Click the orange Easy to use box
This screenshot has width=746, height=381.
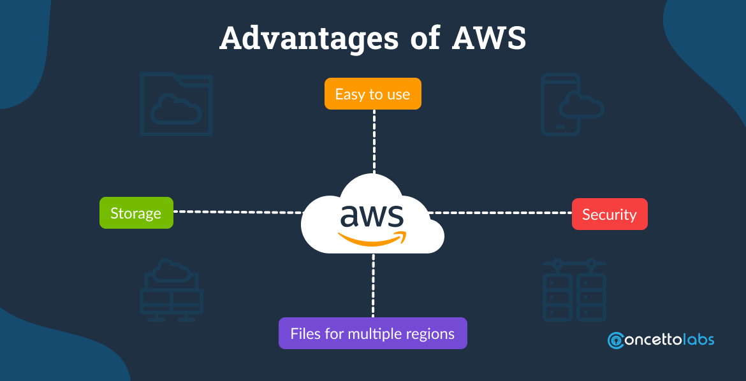click(x=372, y=94)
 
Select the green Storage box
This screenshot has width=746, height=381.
click(x=136, y=213)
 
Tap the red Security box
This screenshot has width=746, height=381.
click(x=609, y=214)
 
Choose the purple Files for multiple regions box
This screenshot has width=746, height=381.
click(x=372, y=333)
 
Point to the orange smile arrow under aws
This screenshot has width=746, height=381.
click(x=373, y=239)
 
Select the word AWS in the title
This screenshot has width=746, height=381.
click(x=489, y=40)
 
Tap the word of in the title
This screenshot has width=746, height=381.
click(x=421, y=40)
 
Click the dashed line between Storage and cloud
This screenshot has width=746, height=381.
click(x=237, y=212)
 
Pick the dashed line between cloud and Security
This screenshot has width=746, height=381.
click(x=501, y=212)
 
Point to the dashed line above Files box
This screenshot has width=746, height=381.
click(x=373, y=285)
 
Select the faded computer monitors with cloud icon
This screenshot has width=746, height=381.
click(x=171, y=289)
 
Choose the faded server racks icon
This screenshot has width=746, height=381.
click(x=574, y=289)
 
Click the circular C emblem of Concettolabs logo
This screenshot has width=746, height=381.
click(x=617, y=340)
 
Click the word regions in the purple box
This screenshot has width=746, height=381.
click(x=432, y=334)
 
